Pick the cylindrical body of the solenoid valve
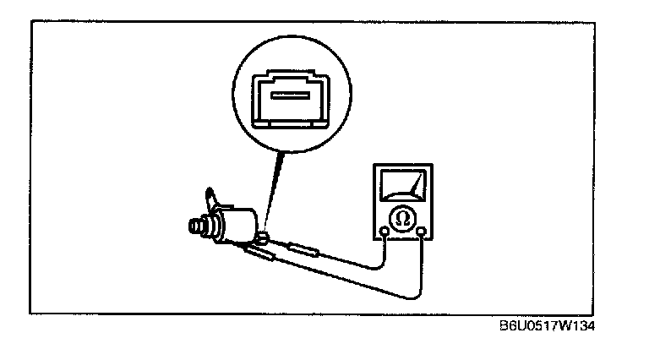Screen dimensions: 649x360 [239, 222]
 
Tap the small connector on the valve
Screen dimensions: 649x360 [264, 236]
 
